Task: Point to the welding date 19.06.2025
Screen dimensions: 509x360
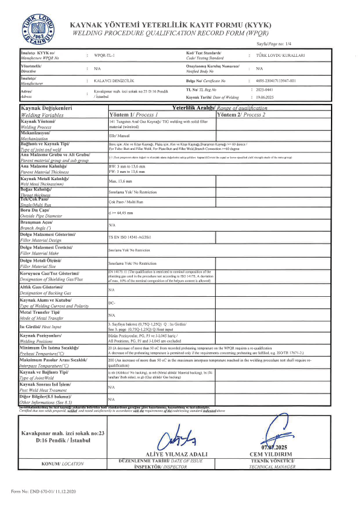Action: click(x=268, y=97)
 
